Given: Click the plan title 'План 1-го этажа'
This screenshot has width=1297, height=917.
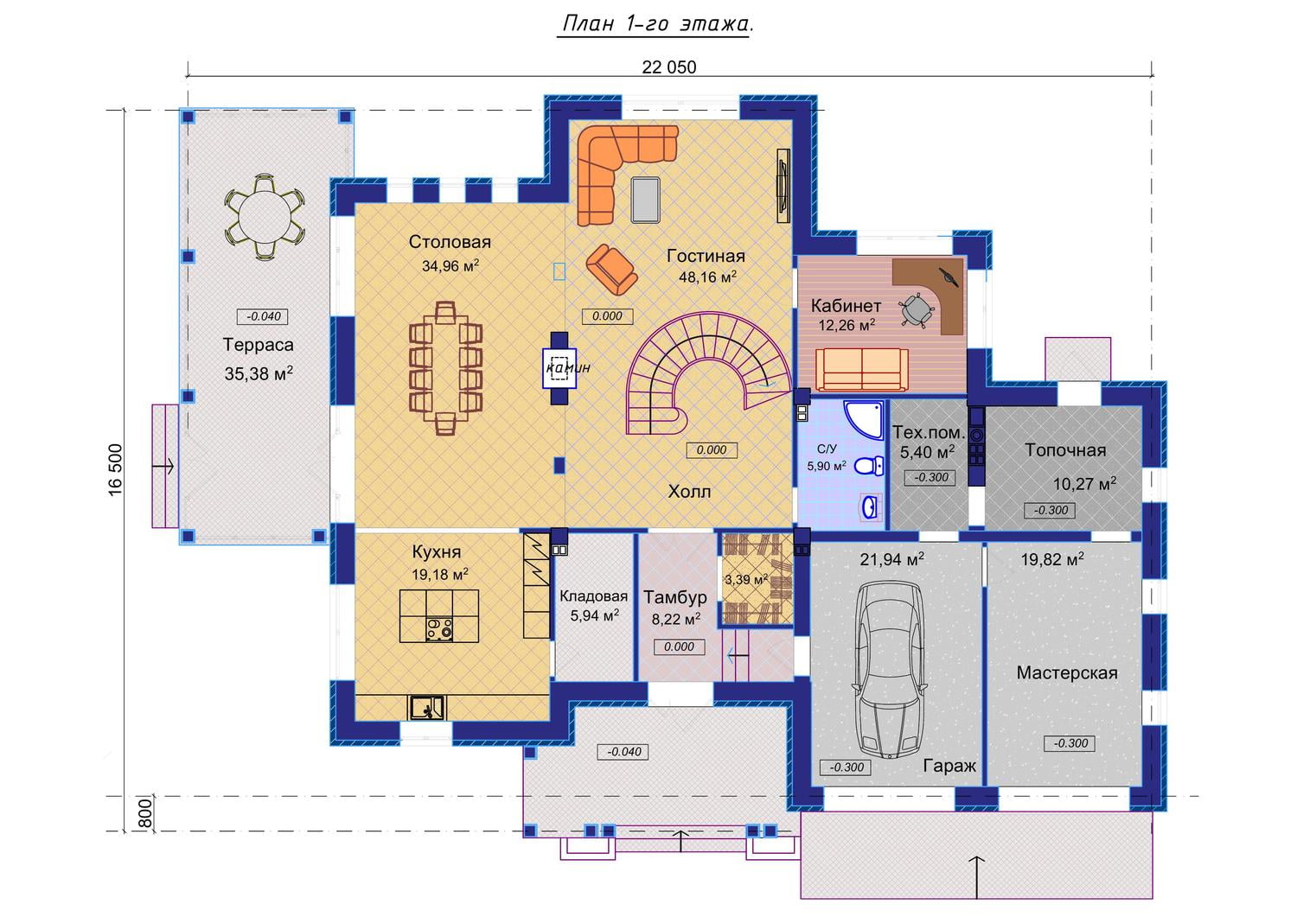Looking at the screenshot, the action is (x=658, y=23).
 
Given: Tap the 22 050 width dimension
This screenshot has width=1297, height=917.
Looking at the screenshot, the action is (x=668, y=67).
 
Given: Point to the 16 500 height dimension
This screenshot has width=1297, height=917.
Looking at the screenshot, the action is (x=116, y=469).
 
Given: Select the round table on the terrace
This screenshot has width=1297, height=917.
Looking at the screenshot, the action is (x=265, y=218).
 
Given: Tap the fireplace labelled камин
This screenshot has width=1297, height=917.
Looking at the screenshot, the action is (x=559, y=367).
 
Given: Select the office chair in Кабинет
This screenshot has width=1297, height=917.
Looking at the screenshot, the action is (x=917, y=309).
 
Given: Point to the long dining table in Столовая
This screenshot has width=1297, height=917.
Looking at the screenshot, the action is (x=445, y=367).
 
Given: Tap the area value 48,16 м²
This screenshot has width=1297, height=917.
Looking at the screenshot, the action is (x=707, y=277).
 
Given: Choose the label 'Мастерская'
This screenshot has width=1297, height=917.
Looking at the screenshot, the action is (x=1067, y=672).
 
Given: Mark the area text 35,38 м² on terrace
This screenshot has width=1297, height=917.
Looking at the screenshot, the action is (x=259, y=373).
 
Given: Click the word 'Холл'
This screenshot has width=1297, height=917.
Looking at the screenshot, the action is (x=689, y=492).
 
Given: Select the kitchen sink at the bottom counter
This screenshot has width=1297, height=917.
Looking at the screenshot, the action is (x=427, y=707).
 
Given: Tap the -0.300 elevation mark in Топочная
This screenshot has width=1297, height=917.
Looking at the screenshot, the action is (x=1051, y=511).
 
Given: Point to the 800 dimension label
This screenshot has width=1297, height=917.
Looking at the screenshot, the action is (x=146, y=813).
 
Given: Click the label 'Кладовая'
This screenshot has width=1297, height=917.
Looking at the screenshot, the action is (x=593, y=596).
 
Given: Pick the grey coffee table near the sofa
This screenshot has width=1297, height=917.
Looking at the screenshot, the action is (x=646, y=200).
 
